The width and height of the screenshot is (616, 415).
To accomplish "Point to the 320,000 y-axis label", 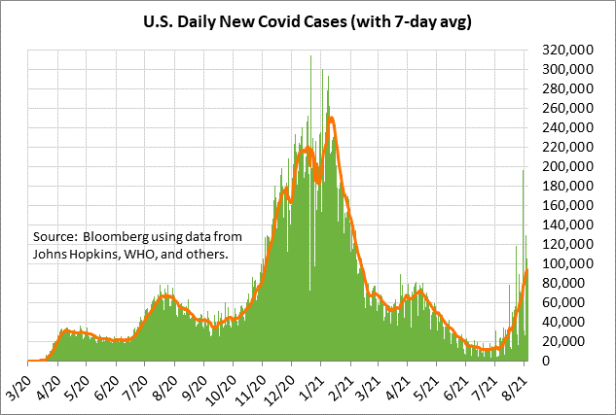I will pos(562,51).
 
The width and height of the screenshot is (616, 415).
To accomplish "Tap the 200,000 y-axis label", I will pos(562,166).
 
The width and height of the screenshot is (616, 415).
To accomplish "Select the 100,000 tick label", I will pos(562,263).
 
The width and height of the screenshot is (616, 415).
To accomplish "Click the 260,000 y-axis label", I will pos(562,108).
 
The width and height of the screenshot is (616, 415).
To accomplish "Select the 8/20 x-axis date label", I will pos(164,379).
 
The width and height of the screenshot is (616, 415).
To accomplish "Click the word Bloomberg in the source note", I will pos(115,237).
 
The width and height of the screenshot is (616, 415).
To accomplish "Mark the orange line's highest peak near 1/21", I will pos(332,119).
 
